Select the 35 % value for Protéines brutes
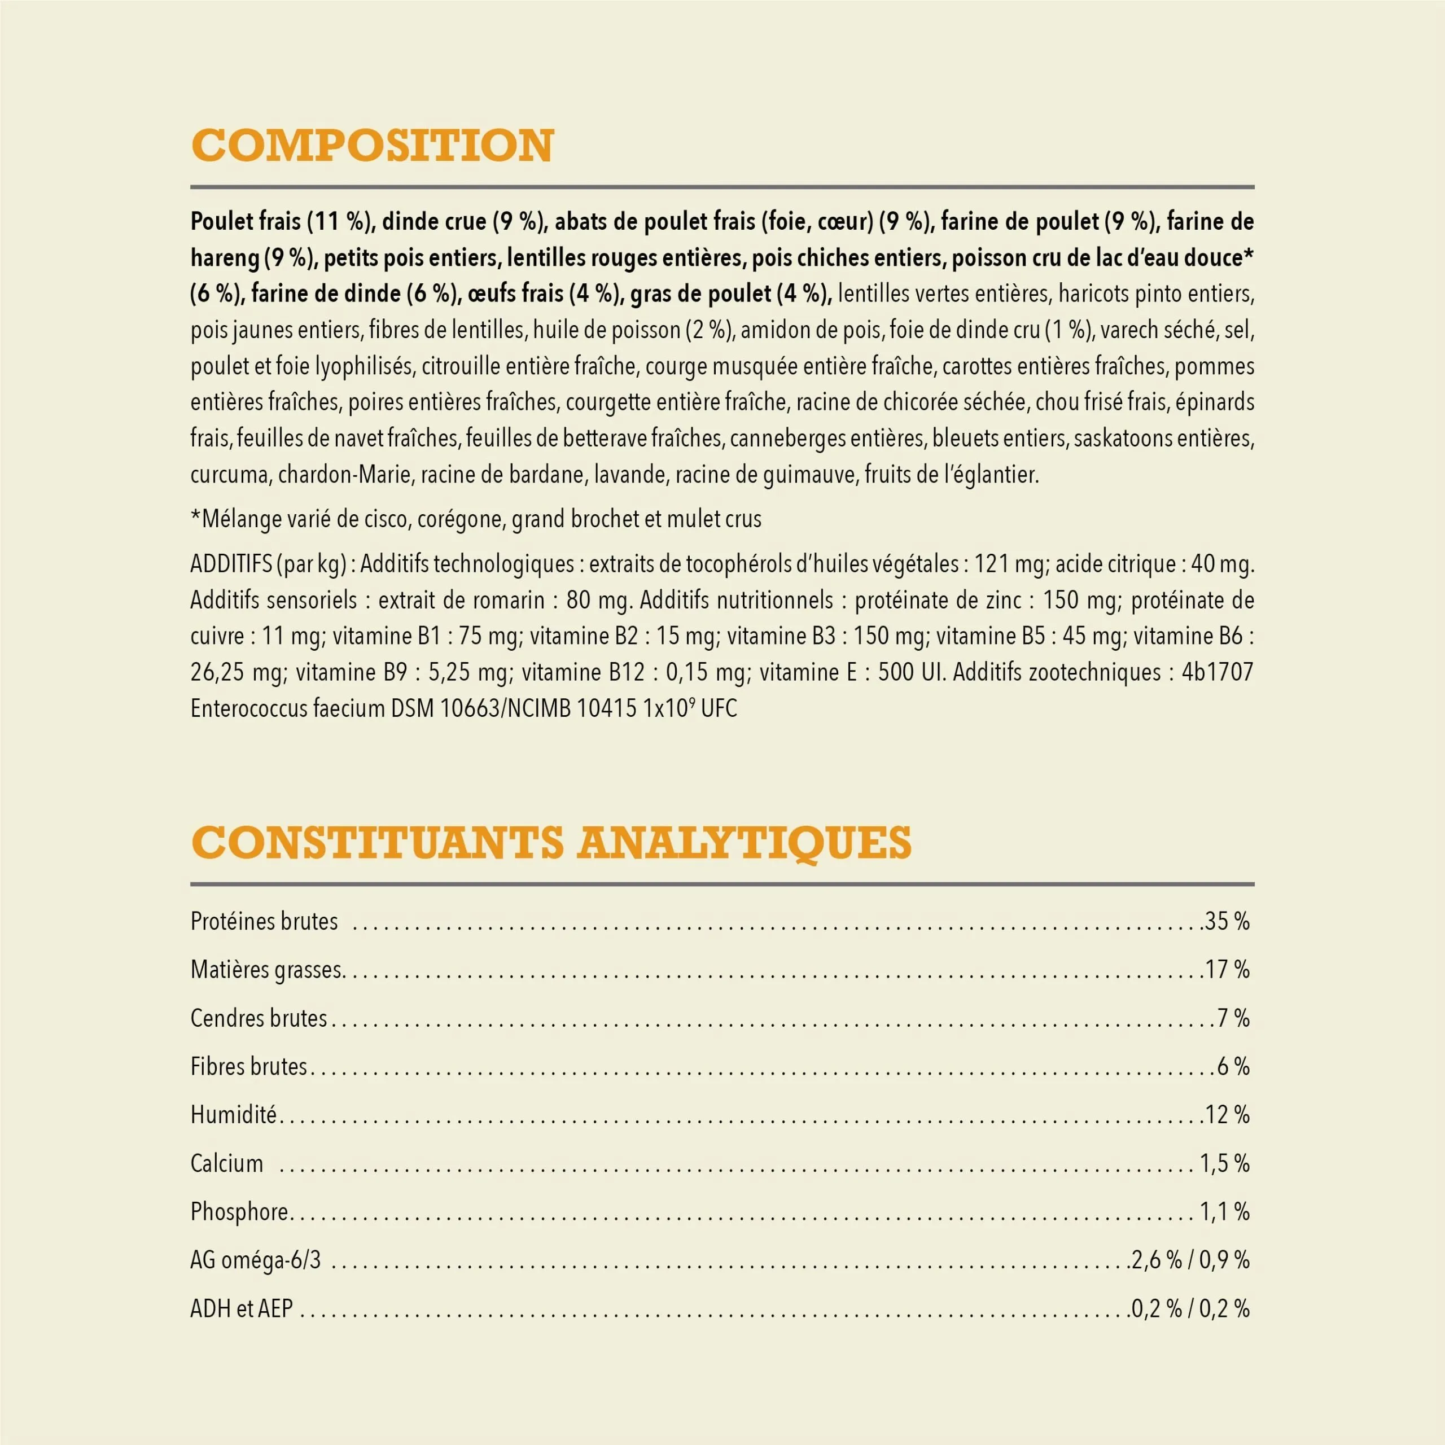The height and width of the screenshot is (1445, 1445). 1227,921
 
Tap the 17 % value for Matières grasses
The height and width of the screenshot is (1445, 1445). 1227,970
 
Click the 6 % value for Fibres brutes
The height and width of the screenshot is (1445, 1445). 1233,1067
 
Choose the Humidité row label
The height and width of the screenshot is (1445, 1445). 233,1115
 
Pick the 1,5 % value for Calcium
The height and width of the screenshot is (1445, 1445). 1224,1164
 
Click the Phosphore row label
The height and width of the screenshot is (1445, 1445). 239,1212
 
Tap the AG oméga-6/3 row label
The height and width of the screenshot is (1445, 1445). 256,1260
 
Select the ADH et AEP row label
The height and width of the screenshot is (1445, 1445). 242,1309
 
